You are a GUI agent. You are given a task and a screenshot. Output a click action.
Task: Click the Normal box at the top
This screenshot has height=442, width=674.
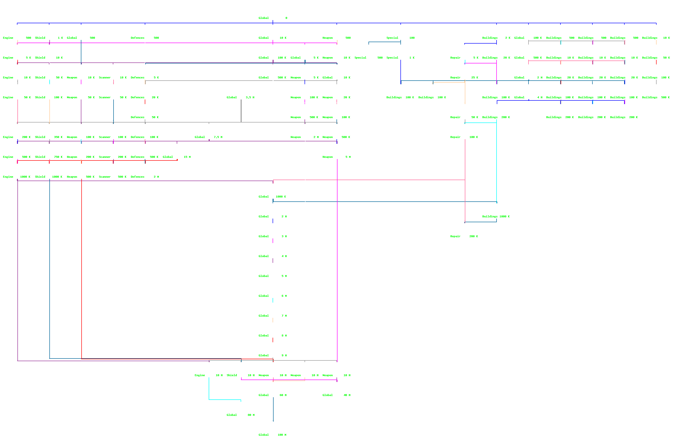273,12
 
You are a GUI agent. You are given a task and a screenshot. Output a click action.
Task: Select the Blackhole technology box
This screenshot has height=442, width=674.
209,131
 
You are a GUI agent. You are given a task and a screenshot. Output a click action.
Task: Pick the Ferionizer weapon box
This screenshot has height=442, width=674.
337,151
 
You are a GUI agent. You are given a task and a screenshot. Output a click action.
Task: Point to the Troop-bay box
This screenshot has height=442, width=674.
368,52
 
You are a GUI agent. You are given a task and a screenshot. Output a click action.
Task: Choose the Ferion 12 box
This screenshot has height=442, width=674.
241,409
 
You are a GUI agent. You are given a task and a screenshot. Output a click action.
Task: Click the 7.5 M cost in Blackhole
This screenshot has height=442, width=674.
218,137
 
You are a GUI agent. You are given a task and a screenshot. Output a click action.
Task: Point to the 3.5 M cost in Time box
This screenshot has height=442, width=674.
250,97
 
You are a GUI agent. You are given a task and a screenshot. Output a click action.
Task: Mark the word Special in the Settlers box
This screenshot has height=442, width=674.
392,38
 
